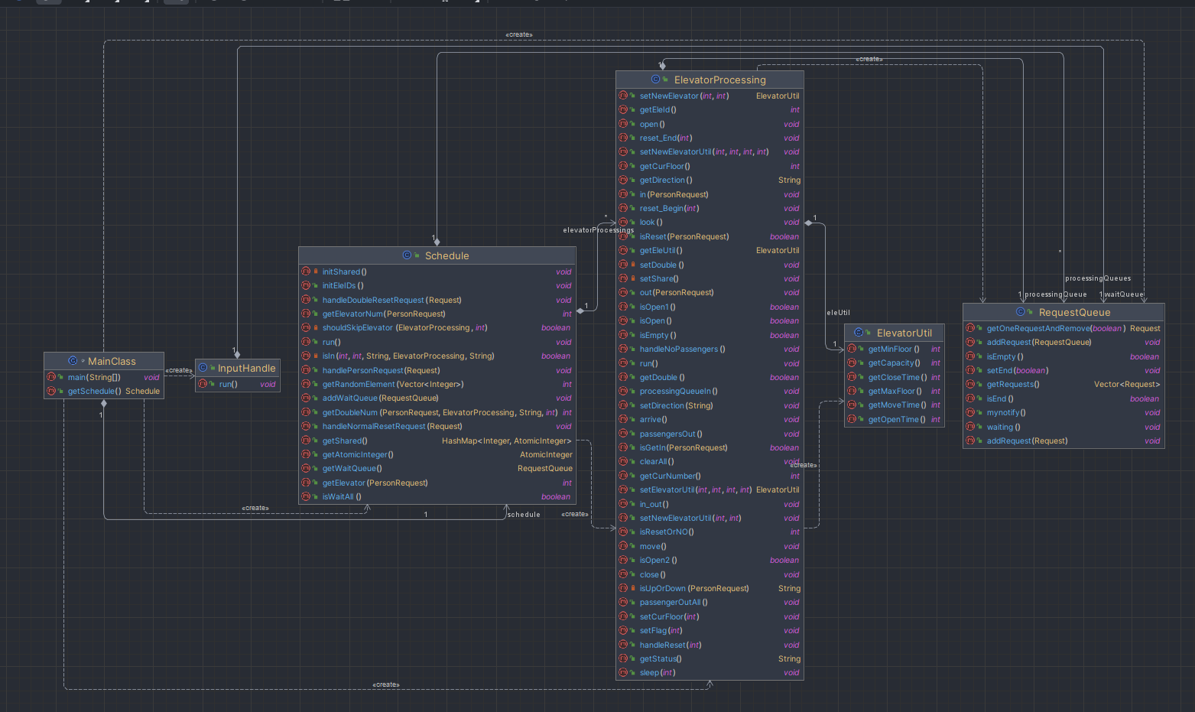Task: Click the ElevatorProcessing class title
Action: (x=719, y=80)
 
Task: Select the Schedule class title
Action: (x=447, y=255)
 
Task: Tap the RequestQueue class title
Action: (x=1074, y=312)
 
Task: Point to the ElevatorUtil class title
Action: (x=904, y=333)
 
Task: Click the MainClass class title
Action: (x=112, y=361)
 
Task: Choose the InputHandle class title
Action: (x=246, y=369)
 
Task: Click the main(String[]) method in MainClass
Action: (x=95, y=377)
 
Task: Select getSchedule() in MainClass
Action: (x=95, y=392)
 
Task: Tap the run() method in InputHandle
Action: (x=229, y=384)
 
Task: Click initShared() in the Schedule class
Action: (x=344, y=271)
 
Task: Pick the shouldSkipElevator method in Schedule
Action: (x=405, y=328)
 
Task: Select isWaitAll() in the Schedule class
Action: (x=342, y=496)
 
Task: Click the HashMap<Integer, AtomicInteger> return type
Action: (x=506, y=441)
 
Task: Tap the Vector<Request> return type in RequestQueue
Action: (x=1127, y=384)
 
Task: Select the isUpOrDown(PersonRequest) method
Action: (x=694, y=588)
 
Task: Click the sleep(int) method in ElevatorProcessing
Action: (x=658, y=672)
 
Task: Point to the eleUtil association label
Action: (x=838, y=313)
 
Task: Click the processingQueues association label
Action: (x=1098, y=278)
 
